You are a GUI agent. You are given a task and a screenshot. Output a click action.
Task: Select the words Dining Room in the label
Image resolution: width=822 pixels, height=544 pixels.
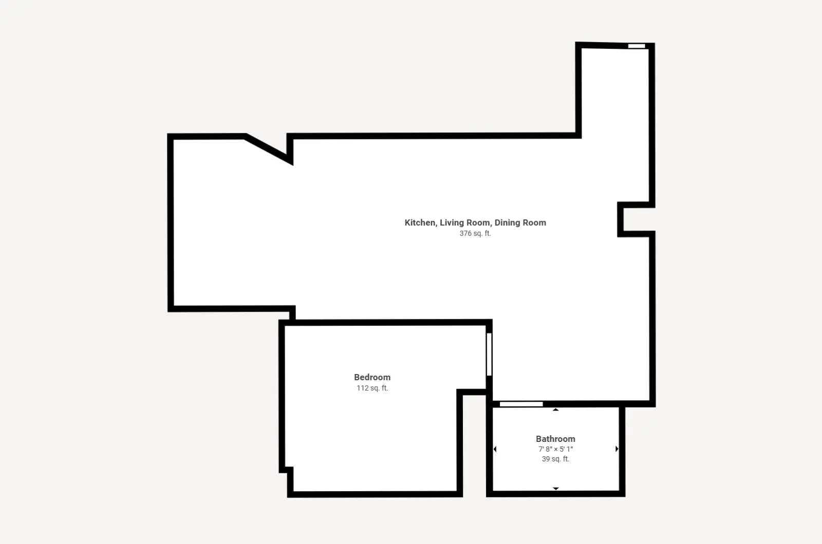click(x=520, y=223)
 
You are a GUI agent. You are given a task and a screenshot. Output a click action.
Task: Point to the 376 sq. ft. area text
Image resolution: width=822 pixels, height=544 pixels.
click(x=475, y=234)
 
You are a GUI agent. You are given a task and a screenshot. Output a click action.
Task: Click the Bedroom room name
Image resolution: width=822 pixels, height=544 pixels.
click(x=372, y=377)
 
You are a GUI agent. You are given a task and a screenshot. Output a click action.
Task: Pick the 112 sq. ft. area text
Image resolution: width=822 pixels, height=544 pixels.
click(x=372, y=388)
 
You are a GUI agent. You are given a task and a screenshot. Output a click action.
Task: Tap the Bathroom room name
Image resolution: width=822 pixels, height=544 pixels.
click(x=555, y=439)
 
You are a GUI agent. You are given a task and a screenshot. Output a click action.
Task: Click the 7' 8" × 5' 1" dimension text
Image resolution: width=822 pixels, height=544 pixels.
click(x=555, y=449)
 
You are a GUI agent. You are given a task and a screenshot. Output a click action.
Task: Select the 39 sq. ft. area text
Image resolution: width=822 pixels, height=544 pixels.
click(x=555, y=459)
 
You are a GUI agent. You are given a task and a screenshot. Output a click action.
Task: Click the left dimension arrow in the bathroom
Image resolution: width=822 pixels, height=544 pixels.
click(x=495, y=449)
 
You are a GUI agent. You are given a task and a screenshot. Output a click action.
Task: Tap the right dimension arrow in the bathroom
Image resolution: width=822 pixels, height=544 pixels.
click(x=617, y=449)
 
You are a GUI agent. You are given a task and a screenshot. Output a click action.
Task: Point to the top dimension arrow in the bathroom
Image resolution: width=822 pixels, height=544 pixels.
click(x=555, y=410)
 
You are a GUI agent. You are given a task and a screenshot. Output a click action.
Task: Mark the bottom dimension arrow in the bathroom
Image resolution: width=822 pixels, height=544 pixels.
click(x=555, y=489)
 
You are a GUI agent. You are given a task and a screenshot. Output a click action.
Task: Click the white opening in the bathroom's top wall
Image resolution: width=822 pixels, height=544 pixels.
click(x=521, y=404)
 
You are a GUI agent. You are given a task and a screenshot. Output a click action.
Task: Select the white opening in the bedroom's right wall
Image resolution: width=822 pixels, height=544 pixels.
click(x=489, y=354)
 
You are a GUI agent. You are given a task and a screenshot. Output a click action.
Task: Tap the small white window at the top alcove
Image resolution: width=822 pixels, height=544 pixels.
click(x=637, y=46)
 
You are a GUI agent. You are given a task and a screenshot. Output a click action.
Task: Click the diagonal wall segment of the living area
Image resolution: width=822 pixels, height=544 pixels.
click(x=269, y=149)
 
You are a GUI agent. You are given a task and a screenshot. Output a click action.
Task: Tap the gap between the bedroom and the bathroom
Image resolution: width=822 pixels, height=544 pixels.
click(x=474, y=445)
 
